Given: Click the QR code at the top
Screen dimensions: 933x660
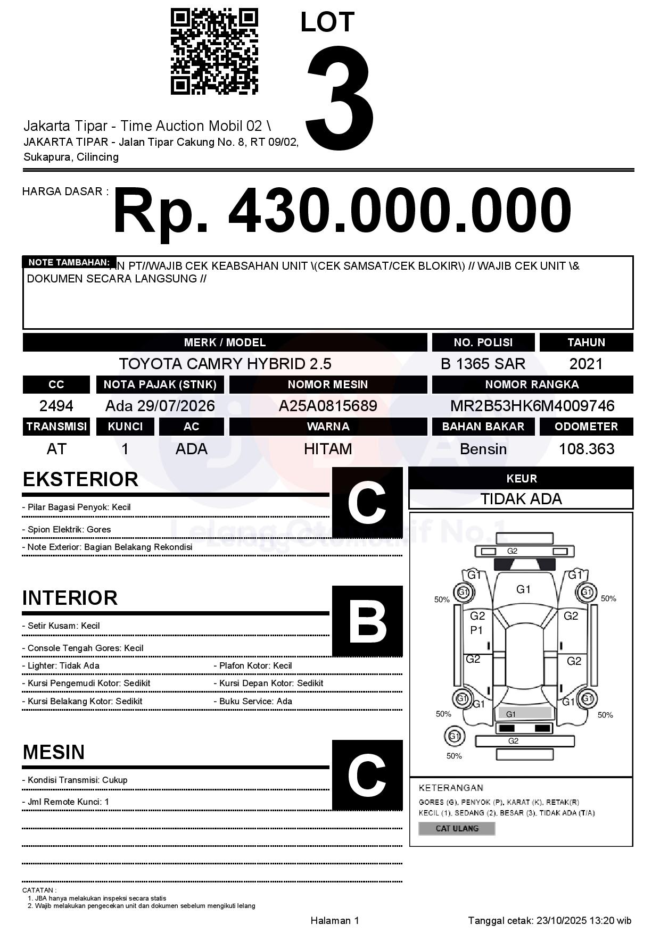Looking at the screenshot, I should coord(214,52).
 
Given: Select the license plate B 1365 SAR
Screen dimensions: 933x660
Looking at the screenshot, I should coord(483,364).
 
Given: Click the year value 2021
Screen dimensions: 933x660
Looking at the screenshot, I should coord(586,364).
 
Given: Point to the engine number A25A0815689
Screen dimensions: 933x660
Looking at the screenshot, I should coord(328,406).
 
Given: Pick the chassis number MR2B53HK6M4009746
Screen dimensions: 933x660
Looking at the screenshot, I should coord(532,406).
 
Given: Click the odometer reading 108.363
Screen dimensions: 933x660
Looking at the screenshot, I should coord(586,449).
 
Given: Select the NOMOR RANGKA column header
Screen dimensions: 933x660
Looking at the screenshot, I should coord(532,384).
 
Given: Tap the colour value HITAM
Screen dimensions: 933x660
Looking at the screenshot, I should coord(328,449).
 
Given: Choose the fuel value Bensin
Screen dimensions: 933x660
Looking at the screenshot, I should coord(483,449).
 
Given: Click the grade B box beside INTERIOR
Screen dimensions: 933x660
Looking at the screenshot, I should coord(367,621).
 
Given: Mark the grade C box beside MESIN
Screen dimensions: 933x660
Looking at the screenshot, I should coord(367,775).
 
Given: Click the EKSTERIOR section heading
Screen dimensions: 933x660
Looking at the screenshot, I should coord(80,479).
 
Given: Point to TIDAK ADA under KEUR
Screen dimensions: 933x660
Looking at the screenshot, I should coord(521,499).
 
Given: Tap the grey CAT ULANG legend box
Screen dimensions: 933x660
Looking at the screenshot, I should coord(457,828).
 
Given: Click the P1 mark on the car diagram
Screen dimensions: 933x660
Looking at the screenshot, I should coord(476,630).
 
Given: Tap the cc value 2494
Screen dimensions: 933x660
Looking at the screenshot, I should coord(56,406).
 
